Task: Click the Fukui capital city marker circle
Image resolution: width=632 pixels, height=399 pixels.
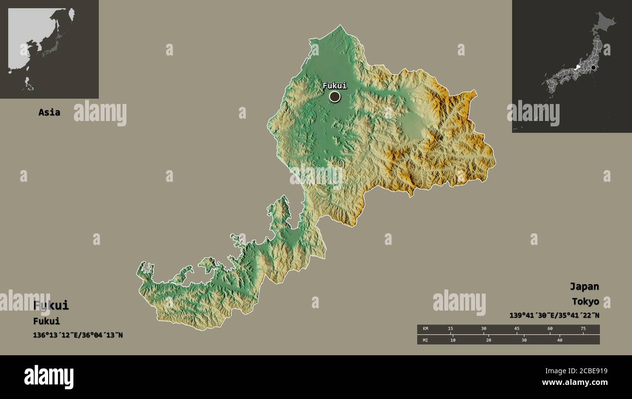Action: pos(334,97)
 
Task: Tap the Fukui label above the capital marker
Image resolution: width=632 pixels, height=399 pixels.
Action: pos(334,86)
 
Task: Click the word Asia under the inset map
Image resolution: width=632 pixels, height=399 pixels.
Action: pos(50,112)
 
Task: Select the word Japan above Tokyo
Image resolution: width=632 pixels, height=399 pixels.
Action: pos(584,286)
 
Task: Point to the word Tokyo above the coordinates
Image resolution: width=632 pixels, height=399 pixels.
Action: pos(585,301)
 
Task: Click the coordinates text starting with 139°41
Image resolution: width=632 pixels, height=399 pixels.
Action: pos(554,315)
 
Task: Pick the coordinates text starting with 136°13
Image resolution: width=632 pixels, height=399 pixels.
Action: pos(78,335)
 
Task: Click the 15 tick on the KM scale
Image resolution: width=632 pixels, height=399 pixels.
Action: pos(451,329)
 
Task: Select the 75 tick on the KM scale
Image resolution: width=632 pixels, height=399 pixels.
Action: pos(583,329)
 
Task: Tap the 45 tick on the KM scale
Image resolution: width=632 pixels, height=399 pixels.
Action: pos(517,329)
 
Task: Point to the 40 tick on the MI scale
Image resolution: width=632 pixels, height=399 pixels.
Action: pos(559,340)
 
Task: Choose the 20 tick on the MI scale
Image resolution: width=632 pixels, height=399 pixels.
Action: pos(488,340)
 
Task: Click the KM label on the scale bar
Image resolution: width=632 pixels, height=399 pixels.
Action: pos(425,329)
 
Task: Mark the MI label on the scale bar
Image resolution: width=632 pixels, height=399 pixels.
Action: pos(425,340)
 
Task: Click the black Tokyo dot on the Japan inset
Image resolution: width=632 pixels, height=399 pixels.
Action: pos(593,67)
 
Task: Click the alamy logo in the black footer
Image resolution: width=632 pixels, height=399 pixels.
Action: pos(49,377)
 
